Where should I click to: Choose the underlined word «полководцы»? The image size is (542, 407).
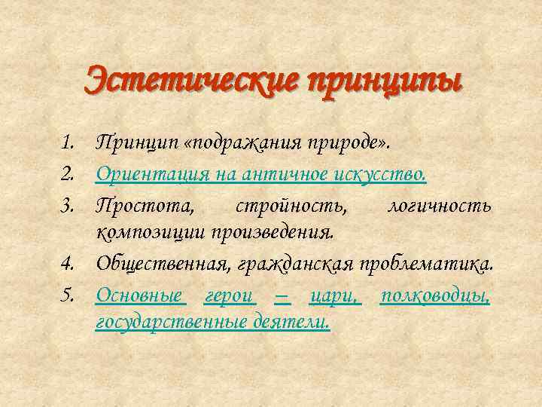[x=435, y=295]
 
